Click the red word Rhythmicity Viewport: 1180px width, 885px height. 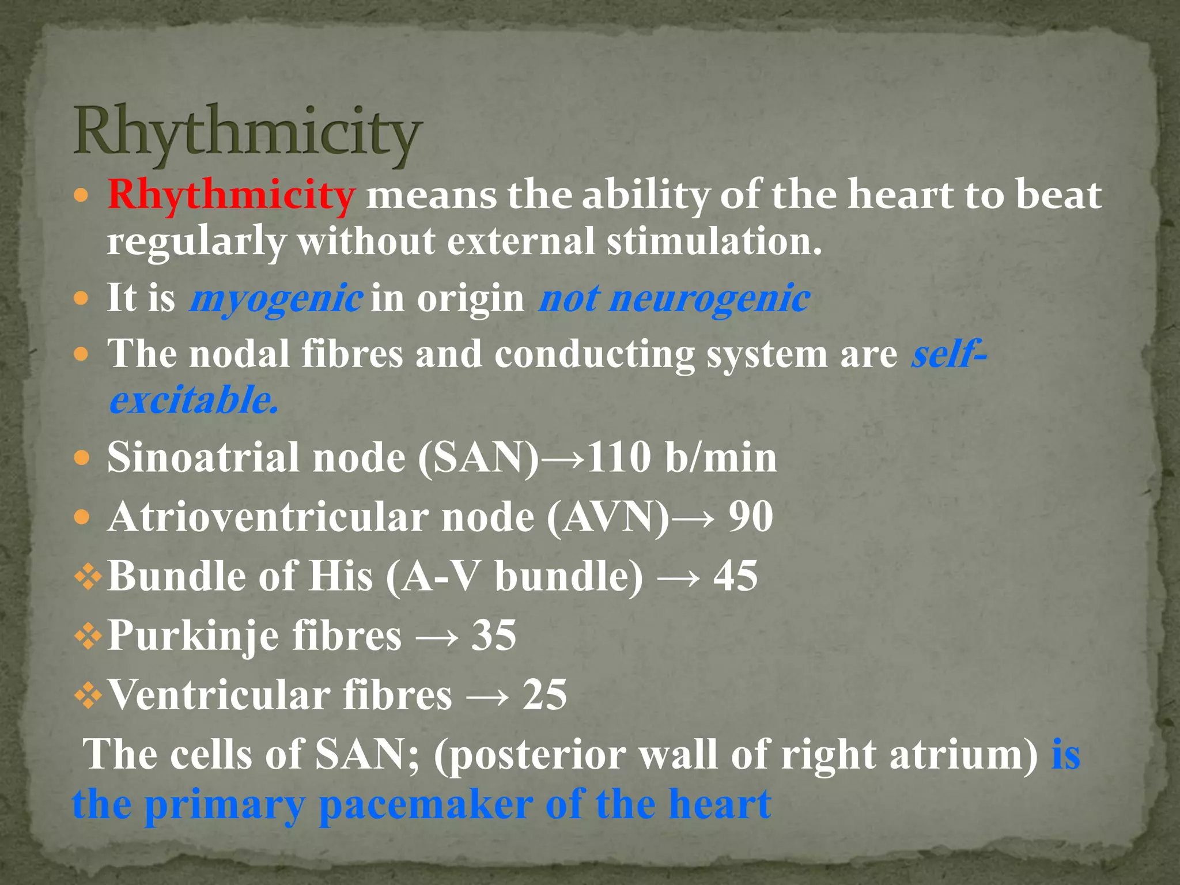tap(230, 195)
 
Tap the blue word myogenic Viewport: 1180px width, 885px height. tap(277, 298)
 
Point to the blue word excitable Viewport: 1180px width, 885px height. tap(194, 400)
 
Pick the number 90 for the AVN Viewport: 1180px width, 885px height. tap(750, 516)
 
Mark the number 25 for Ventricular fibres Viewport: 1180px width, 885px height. tap(544, 694)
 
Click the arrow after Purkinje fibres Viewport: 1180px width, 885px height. tap(437, 637)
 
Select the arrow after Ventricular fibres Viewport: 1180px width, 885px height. tap(487, 696)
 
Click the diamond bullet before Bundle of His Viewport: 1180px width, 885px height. tap(88, 577)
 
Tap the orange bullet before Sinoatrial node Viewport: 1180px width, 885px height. tap(82, 459)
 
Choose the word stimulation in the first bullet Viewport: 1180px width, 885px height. tap(713, 241)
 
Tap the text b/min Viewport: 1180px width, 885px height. tap(720, 457)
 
